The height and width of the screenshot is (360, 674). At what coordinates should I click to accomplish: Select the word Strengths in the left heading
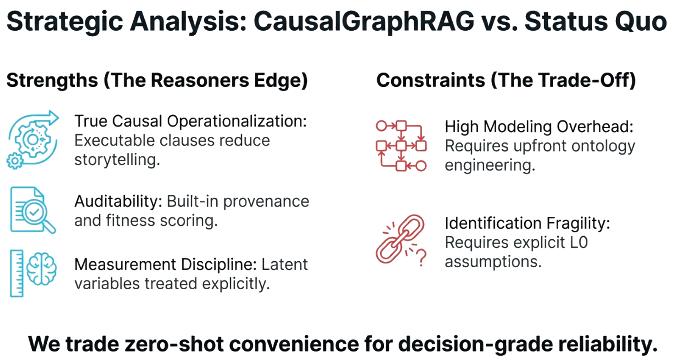click(x=52, y=81)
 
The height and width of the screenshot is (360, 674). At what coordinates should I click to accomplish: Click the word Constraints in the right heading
click(x=431, y=80)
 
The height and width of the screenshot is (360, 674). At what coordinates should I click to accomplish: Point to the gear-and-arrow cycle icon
click(x=33, y=140)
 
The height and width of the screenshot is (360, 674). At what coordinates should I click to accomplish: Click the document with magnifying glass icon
click(x=33, y=210)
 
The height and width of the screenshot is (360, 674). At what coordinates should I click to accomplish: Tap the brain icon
click(x=41, y=269)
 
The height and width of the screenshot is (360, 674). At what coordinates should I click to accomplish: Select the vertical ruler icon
click(x=17, y=273)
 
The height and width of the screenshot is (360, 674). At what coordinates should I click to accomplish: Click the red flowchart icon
click(x=401, y=146)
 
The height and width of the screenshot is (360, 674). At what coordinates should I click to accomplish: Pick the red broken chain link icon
click(x=400, y=239)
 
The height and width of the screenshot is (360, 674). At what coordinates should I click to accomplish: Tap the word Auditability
click(x=118, y=202)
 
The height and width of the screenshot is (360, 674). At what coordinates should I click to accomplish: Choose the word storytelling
click(x=117, y=160)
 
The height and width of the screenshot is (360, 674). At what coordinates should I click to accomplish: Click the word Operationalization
click(x=237, y=122)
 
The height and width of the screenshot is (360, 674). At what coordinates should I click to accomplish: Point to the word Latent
click(x=284, y=264)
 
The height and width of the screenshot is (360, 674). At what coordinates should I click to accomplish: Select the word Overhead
click(x=595, y=126)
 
